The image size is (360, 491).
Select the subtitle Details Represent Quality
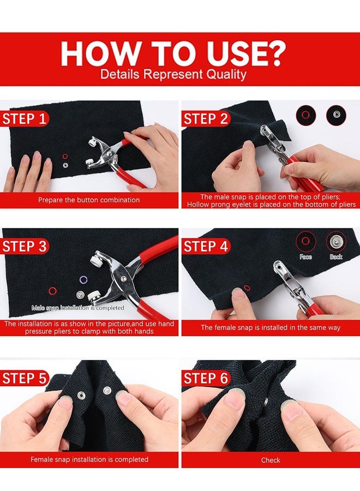[173, 74]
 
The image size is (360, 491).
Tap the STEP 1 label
[25, 119]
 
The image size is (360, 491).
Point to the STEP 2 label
[206, 119]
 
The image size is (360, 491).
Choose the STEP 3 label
[25, 246]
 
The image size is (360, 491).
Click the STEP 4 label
[206, 246]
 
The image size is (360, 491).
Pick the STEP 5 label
[25, 378]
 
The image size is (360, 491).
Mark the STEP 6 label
[206, 378]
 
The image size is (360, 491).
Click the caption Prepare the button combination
[89, 200]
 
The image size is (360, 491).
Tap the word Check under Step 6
[271, 460]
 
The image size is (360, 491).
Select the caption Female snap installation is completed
[89, 459]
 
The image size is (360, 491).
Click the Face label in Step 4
[305, 256]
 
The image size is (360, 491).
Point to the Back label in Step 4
[336, 256]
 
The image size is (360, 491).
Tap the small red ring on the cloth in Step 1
[65, 156]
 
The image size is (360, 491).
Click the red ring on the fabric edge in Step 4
[247, 288]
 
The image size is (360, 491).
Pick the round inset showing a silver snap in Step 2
[336, 115]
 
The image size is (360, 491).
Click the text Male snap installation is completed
[77, 308]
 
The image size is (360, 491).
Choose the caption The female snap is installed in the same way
[271, 327]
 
